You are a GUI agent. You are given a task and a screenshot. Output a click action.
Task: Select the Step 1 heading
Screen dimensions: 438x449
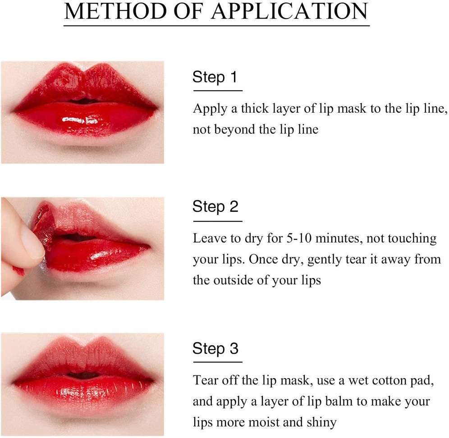[x=215, y=77]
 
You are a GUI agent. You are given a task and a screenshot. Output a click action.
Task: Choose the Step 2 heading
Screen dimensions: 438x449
[x=215, y=207]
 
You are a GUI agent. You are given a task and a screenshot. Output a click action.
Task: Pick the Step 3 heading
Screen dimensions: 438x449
[x=215, y=348]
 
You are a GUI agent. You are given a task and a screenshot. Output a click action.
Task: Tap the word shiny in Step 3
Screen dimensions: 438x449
[x=319, y=422]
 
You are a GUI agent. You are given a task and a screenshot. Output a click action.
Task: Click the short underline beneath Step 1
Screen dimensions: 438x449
[x=217, y=91]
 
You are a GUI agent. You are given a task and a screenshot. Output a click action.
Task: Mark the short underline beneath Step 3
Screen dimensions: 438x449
[x=217, y=361]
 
